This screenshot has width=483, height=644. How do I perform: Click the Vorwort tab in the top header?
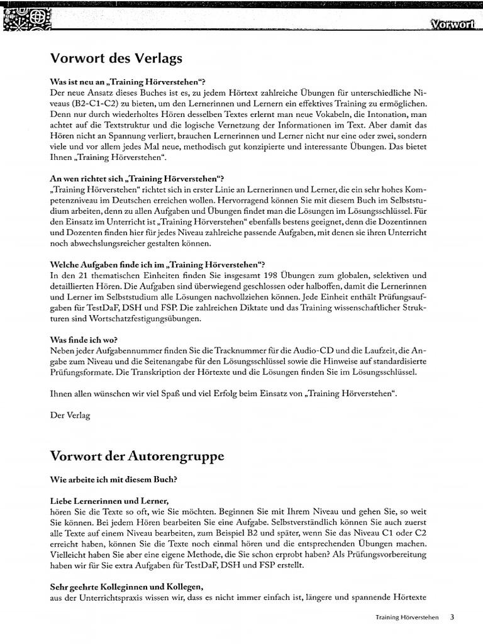(452, 25)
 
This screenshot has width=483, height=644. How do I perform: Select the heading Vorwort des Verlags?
(116, 58)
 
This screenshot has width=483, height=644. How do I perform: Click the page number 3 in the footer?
(452, 617)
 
